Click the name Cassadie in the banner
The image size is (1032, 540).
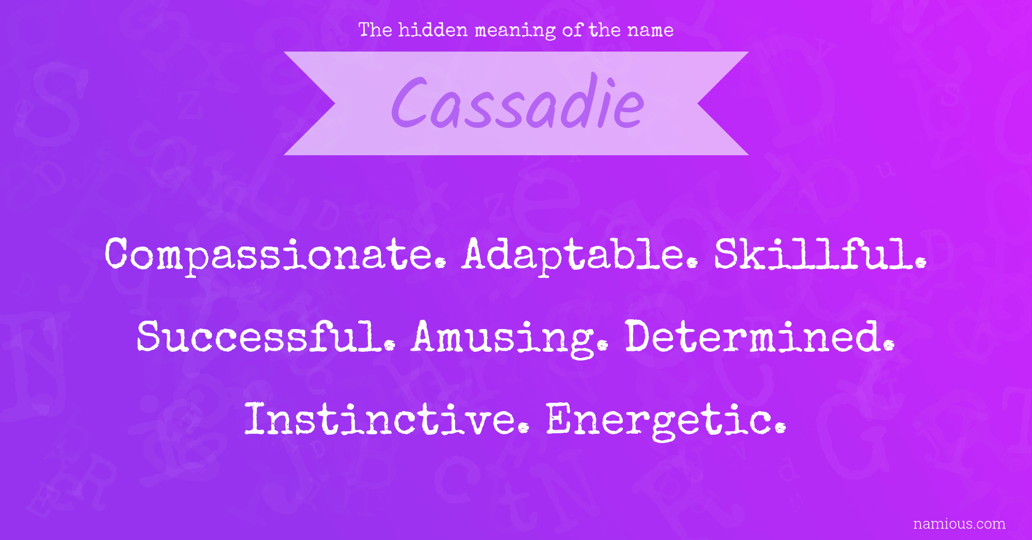[518, 102]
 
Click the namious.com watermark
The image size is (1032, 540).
[959, 524]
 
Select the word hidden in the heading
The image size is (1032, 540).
[433, 30]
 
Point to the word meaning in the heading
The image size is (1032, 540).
[515, 31]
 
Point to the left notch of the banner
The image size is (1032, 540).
[335, 104]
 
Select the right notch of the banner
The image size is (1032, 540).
[698, 104]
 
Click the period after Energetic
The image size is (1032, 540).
[781, 428]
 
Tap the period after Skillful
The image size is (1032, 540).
[921, 263]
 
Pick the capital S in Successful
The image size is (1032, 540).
[149, 336]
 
